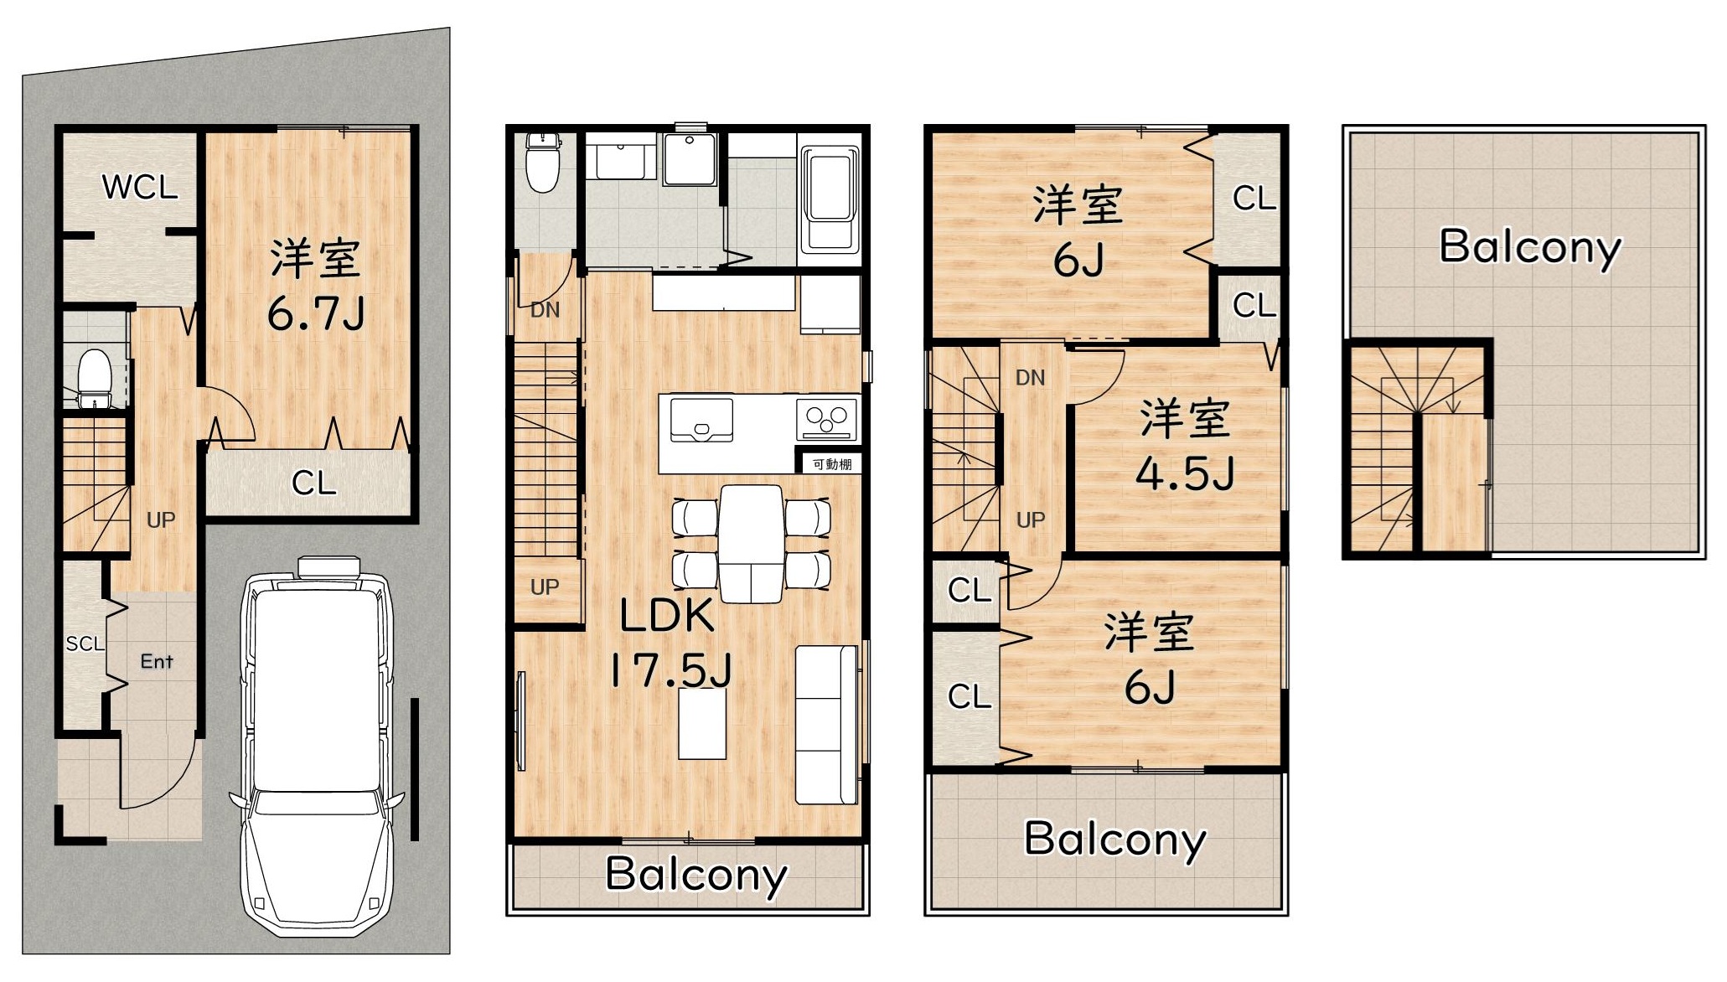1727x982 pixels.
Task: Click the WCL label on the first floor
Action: pyautogui.click(x=140, y=187)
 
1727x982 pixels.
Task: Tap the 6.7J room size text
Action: pyautogui.click(x=315, y=314)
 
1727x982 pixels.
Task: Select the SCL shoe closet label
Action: pyautogui.click(x=85, y=643)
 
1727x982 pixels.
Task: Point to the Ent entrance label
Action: pyautogui.click(x=157, y=661)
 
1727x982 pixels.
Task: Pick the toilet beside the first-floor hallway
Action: pyautogui.click(x=95, y=379)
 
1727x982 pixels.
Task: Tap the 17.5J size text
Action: pyautogui.click(x=670, y=670)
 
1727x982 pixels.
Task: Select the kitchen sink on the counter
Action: pyautogui.click(x=701, y=419)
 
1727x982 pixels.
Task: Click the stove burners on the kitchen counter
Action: pyautogui.click(x=828, y=418)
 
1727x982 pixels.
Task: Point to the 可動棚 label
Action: pyautogui.click(x=832, y=463)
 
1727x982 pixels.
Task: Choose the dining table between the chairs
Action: pyautogui.click(x=751, y=544)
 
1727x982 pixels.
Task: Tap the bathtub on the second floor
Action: pyautogui.click(x=830, y=199)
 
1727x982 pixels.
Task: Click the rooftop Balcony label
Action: pyautogui.click(x=1530, y=248)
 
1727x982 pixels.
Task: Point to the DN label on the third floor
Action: pyautogui.click(x=1030, y=378)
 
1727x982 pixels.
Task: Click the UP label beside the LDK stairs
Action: pyautogui.click(x=545, y=587)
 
